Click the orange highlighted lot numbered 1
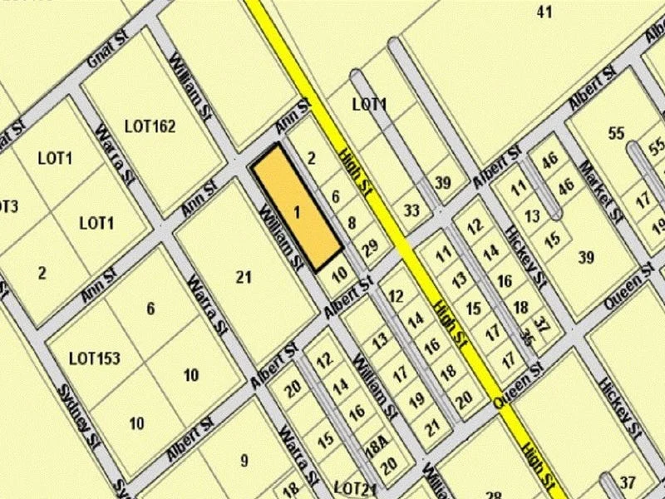click(297, 209)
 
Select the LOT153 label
click(95, 359)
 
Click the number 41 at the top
click(545, 12)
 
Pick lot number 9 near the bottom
click(244, 459)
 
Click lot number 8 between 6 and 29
click(352, 222)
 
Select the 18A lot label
click(377, 446)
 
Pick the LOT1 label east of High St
click(369, 105)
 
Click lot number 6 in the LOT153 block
click(150, 309)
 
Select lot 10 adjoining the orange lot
click(338, 274)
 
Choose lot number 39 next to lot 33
click(443, 184)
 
